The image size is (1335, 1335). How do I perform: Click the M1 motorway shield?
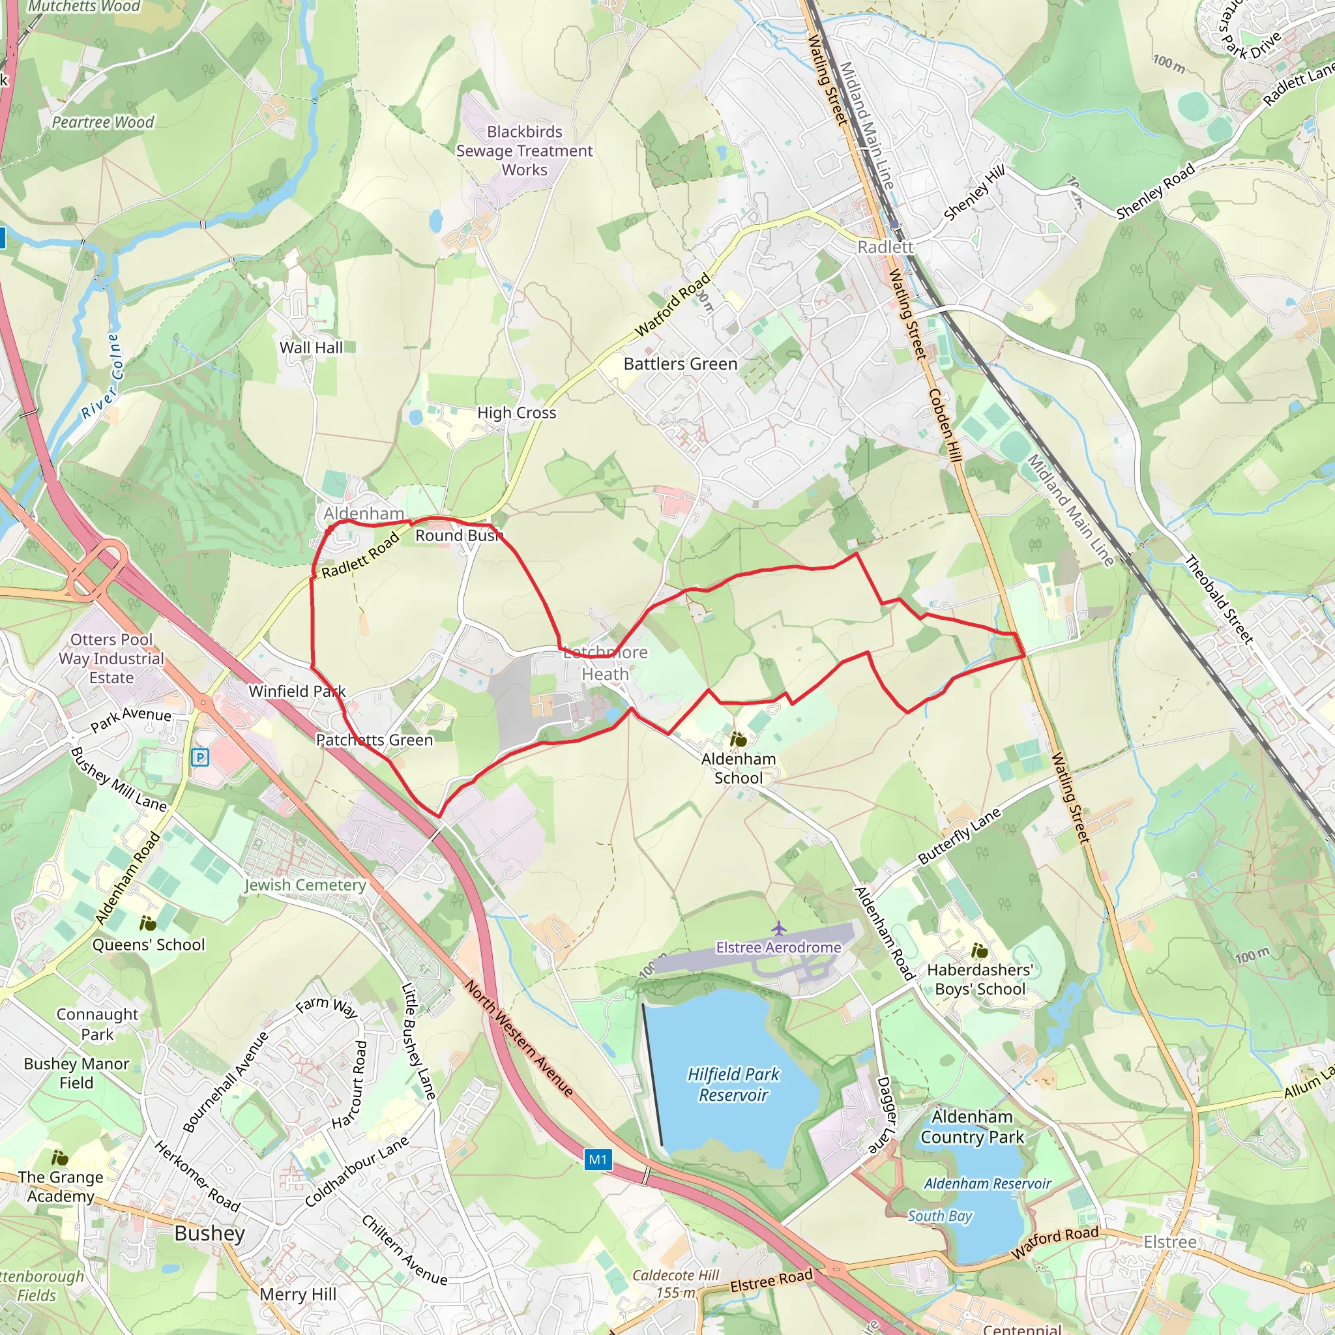click(598, 1160)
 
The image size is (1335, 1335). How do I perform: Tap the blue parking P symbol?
click(199, 758)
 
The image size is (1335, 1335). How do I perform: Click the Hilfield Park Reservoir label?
click(733, 1084)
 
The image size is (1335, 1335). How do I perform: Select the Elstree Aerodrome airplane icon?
click(779, 928)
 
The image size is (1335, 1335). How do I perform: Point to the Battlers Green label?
click(680, 364)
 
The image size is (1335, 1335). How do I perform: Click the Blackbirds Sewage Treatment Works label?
click(525, 151)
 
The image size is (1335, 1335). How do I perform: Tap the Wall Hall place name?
click(311, 347)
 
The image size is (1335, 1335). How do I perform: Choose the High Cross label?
click(516, 413)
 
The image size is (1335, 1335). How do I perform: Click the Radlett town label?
click(885, 246)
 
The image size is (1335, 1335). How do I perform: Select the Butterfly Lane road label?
click(959, 836)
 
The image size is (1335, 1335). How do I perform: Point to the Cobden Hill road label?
click(945, 425)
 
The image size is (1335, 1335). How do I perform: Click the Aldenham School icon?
click(738, 740)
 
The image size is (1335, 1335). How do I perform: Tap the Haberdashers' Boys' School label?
click(980, 979)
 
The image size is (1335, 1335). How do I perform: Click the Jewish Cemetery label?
click(304, 885)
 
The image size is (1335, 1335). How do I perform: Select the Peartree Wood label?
click(103, 123)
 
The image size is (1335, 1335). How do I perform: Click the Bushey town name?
click(209, 1233)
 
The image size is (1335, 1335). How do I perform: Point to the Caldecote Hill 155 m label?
click(675, 1284)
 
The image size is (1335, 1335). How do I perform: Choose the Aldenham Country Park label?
click(971, 1126)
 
